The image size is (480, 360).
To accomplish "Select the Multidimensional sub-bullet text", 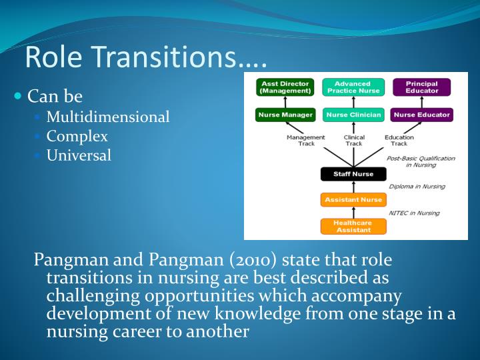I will coord(108,117).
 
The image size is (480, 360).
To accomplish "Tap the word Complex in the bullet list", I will coord(77,137).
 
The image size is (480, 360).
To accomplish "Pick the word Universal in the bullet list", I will coord(79,156).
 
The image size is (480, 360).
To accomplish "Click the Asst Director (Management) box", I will coord(285,87).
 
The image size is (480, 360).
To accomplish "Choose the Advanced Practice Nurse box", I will coord(353,87).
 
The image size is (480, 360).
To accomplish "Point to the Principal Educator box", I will coord(421,87).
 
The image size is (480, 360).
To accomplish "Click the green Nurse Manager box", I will coord(285,115).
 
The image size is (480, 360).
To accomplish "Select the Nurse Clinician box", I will coord(353,115).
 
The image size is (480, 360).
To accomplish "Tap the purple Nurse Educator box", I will coord(421,115).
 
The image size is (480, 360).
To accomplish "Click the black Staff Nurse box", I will coord(353,174).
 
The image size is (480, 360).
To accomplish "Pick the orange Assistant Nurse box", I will coord(353,199).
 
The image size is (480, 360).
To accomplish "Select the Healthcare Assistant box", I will coord(353,226).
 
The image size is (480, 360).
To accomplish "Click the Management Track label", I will coord(305,140).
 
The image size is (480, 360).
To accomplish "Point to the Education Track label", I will coord(399,140).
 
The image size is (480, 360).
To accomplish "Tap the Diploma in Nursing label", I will coord(417,187).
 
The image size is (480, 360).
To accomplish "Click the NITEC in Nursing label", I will coord(414,213).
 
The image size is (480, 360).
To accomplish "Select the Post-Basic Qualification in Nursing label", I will coord(421,161).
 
